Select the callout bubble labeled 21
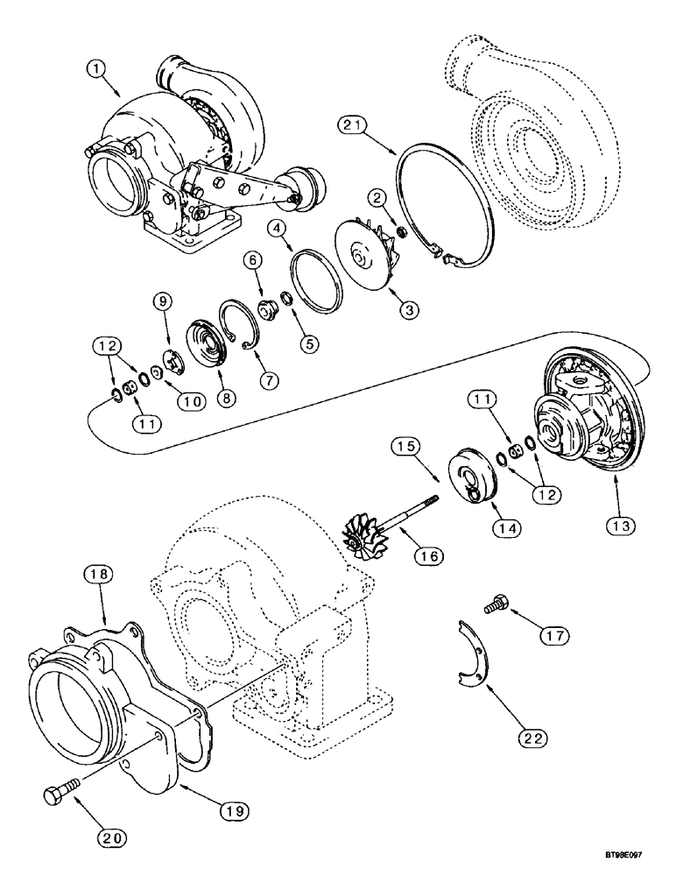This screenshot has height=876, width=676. click(x=353, y=128)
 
